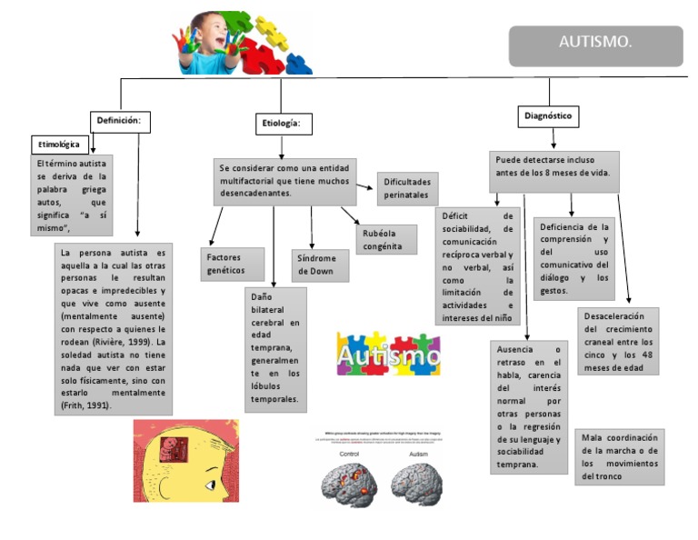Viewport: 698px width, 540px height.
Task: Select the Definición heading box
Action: click(x=119, y=120)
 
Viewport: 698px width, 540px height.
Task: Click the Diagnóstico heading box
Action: click(x=548, y=116)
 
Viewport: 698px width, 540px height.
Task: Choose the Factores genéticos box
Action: click(x=232, y=264)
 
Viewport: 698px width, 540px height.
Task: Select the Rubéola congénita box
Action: click(x=385, y=239)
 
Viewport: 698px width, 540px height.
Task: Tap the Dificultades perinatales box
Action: click(x=406, y=188)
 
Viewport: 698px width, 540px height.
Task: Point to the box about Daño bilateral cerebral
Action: click(x=275, y=349)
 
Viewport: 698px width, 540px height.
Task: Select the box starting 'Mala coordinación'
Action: click(x=619, y=456)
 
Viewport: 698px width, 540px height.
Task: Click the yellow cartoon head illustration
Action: click(x=186, y=461)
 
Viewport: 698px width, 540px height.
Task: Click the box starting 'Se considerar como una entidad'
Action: click(x=284, y=181)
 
